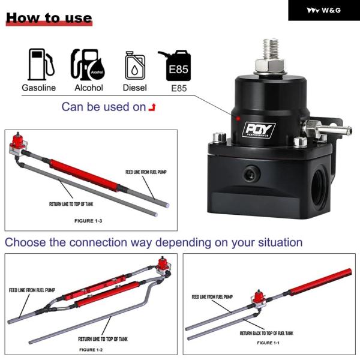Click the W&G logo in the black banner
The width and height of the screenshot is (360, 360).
324,10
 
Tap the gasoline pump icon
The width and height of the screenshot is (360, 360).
41,64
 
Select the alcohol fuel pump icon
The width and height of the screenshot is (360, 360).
88,65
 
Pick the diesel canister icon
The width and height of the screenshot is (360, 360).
135,65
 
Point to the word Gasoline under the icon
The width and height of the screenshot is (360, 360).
39,88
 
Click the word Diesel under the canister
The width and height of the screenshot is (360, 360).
135,88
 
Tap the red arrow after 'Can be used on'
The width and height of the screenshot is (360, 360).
152,107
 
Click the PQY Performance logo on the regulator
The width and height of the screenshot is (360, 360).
259,130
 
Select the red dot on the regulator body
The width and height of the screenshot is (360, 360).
238,119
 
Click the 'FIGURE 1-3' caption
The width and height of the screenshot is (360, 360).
88,221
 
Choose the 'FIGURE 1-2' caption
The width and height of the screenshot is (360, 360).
91,350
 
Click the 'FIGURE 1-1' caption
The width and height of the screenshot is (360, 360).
268,343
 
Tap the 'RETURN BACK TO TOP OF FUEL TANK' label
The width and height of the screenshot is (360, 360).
266,333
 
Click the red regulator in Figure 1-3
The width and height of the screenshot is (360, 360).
19,143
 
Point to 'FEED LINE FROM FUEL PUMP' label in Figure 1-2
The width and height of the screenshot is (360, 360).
32,290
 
